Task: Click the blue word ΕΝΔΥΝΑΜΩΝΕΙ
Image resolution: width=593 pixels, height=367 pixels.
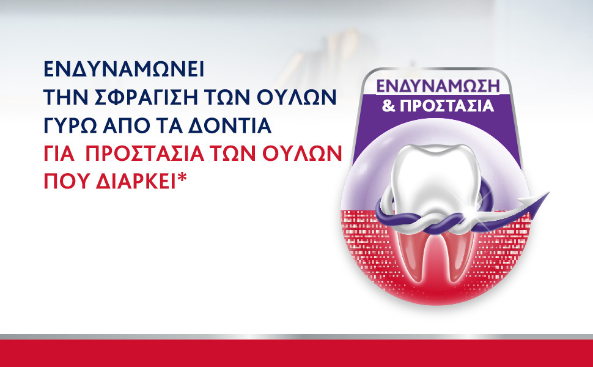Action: click(x=124, y=69)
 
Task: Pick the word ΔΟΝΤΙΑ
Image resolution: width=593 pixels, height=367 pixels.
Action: click(x=230, y=125)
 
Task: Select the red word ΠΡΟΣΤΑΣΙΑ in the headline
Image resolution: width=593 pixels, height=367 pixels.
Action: click(x=145, y=154)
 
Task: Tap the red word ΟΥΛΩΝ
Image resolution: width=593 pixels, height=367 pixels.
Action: click(x=302, y=154)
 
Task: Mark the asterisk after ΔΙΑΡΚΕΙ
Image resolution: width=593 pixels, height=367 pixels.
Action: click(x=182, y=177)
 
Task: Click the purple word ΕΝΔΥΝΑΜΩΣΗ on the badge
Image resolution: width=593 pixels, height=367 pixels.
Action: click(x=438, y=86)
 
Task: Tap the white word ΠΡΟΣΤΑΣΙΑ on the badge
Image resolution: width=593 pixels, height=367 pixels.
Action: click(x=447, y=106)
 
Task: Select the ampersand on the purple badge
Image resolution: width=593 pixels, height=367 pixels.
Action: click(x=388, y=106)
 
